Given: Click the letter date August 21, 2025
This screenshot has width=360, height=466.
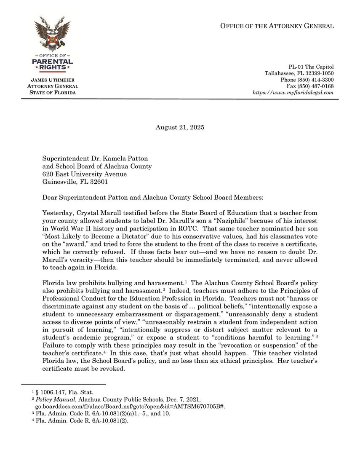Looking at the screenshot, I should click(x=180, y=127).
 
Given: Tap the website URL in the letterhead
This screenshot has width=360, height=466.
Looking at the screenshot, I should click(x=293, y=92).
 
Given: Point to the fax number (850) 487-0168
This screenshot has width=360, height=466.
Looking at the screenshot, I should click(x=310, y=86).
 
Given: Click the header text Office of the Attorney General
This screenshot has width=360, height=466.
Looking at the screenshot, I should click(x=277, y=26).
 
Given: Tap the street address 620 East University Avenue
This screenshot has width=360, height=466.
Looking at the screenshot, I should click(x=84, y=174).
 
